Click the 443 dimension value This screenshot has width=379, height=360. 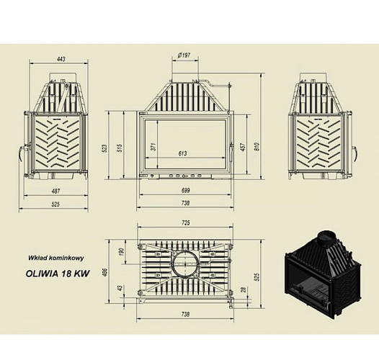point(54,59)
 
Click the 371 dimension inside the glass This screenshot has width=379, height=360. point(153,146)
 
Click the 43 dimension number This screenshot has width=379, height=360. point(120,289)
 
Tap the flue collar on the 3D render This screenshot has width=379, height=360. point(324,236)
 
